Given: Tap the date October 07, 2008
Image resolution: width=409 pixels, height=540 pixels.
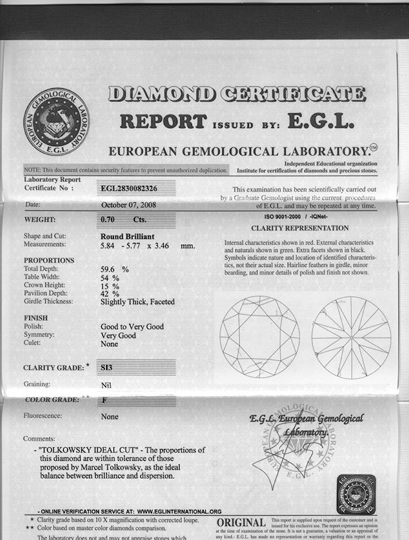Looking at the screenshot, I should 128,205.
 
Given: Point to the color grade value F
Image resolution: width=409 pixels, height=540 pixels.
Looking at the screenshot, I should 105,399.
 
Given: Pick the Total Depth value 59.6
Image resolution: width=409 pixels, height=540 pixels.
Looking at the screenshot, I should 109,268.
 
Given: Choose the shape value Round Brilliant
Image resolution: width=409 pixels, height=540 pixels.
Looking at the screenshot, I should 130,236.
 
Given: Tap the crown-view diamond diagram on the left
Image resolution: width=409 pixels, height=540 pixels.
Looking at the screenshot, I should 260,337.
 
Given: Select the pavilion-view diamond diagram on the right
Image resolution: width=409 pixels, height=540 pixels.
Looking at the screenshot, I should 351,337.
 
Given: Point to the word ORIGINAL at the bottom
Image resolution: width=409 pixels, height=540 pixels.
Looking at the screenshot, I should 241,522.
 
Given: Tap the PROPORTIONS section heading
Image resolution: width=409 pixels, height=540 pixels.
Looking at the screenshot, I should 49,261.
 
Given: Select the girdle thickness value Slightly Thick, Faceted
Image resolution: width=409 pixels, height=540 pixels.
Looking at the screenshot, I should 143,302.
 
